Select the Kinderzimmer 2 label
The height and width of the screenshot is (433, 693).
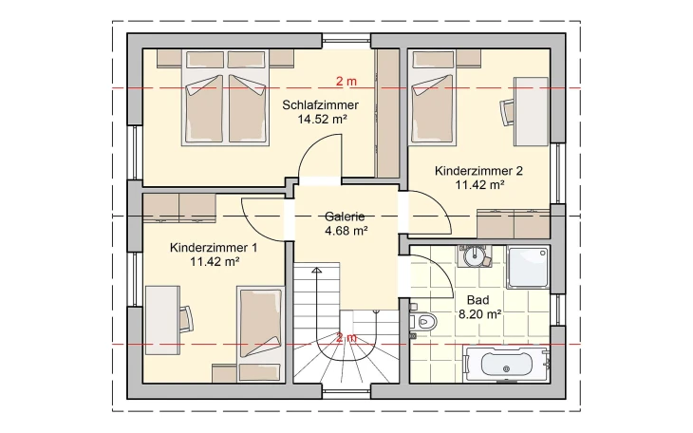pos(478,171)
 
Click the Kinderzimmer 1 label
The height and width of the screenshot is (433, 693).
pos(214,248)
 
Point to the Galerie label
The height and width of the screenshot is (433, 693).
pos(345,216)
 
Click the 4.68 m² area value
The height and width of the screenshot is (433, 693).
pos(345,230)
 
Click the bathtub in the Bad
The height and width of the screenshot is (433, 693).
pos(508,365)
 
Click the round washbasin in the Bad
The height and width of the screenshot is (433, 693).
pos(474,255)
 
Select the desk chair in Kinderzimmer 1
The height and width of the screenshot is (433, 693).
pos(186,318)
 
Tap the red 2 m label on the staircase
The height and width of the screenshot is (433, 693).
pos(346,337)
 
